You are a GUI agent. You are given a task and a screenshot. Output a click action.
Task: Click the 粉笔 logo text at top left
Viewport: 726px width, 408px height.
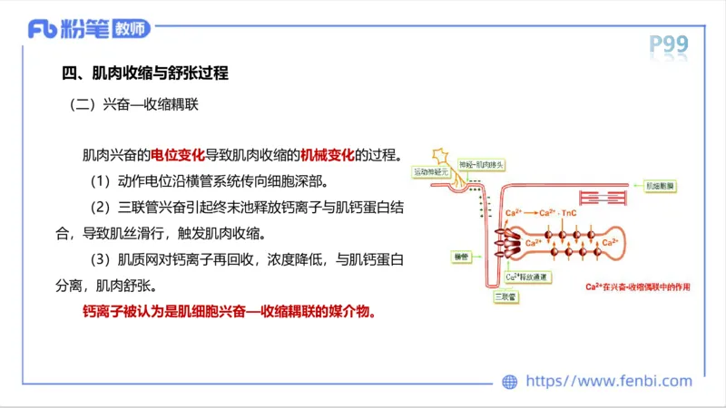point(83,29)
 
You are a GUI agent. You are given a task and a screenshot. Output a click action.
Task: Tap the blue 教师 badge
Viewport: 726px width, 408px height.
point(131,29)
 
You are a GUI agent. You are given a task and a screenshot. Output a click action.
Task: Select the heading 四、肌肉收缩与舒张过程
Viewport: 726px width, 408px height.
point(143,73)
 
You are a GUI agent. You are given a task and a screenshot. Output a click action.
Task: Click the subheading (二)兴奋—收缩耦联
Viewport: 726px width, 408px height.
point(133,104)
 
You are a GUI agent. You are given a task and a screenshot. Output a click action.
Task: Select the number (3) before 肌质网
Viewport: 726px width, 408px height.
point(94,259)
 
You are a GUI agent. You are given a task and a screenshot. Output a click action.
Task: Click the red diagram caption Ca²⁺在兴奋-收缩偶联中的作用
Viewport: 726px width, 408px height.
point(637,287)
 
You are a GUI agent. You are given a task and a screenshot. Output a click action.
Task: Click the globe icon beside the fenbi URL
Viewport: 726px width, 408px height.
point(510,382)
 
